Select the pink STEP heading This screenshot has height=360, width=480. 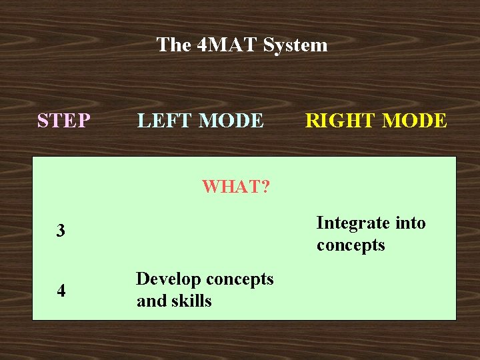(64, 121)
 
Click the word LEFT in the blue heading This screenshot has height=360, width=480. (165, 121)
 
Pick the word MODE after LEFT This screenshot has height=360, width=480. (231, 121)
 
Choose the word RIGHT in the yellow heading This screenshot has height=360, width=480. (338, 121)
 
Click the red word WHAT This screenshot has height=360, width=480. (231, 187)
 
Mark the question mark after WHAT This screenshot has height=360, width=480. (265, 187)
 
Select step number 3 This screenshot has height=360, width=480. (61, 232)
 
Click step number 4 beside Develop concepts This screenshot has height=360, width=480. (61, 291)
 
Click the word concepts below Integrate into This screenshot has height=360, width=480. (351, 245)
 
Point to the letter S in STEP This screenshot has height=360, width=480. (43, 121)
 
